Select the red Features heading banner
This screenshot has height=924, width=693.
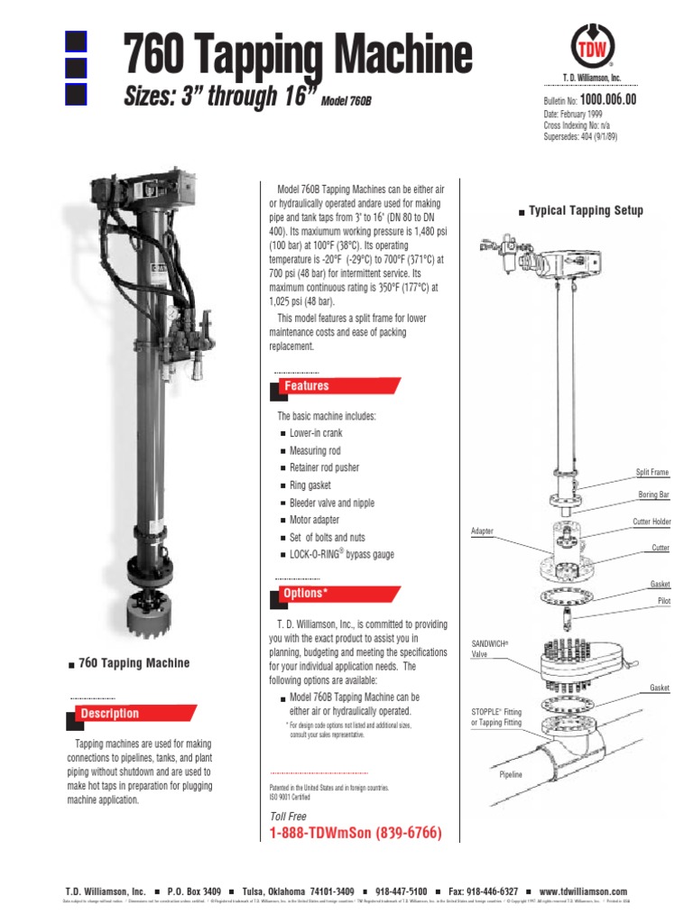pos(335,386)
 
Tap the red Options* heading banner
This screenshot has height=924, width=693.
pos(335,594)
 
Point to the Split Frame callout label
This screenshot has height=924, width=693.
pos(652,473)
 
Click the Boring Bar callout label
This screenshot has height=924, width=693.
pos(654,495)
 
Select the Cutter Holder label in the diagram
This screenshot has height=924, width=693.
pos(650,522)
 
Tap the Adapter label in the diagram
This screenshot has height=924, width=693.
pos(483,531)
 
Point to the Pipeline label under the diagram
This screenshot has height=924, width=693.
pos(512,774)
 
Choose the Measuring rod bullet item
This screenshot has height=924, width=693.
pos(315,450)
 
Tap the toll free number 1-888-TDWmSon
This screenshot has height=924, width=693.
pos(356,833)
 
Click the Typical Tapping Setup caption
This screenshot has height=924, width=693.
pos(586,211)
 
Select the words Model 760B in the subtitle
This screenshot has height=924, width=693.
pos(346,100)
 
